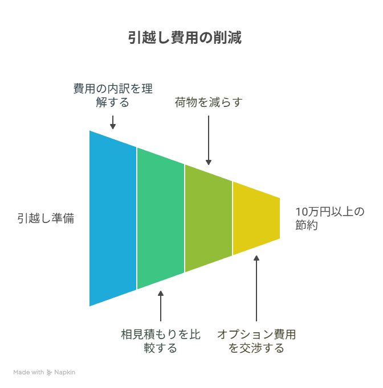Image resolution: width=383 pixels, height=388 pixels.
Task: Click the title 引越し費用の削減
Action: click(x=185, y=38)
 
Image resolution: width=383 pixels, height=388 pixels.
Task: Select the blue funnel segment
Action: click(x=113, y=218)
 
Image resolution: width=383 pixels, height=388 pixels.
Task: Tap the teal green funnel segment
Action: click(x=161, y=218)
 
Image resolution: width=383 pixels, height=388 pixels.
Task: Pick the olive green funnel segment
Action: click(x=209, y=218)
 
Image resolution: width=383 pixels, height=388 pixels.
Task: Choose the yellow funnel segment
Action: click(x=256, y=218)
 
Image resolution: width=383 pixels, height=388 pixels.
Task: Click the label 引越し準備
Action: click(x=46, y=218)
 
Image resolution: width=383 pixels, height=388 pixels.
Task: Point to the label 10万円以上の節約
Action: click(x=329, y=218)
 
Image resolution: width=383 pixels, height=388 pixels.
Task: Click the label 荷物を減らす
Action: click(x=209, y=102)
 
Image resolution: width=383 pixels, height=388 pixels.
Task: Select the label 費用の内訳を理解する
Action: click(x=113, y=95)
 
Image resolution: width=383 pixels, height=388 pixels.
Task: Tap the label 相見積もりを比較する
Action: click(x=161, y=341)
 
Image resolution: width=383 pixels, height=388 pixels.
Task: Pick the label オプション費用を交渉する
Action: click(x=256, y=341)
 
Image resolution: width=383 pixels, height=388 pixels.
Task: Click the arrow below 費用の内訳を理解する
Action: click(x=113, y=122)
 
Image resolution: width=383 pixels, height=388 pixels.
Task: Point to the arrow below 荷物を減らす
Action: click(x=209, y=140)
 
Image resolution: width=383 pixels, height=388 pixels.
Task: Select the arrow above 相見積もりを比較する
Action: click(x=161, y=306)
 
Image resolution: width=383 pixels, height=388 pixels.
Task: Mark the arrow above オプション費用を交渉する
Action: click(x=256, y=288)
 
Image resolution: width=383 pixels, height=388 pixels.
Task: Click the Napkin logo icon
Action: click(x=50, y=373)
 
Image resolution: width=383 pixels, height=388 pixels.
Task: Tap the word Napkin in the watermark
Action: click(x=65, y=373)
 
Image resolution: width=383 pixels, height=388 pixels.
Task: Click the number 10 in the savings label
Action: click(x=301, y=212)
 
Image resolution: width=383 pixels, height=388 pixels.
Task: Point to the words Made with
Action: click(x=28, y=372)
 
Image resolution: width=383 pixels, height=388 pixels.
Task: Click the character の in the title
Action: click(x=206, y=38)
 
